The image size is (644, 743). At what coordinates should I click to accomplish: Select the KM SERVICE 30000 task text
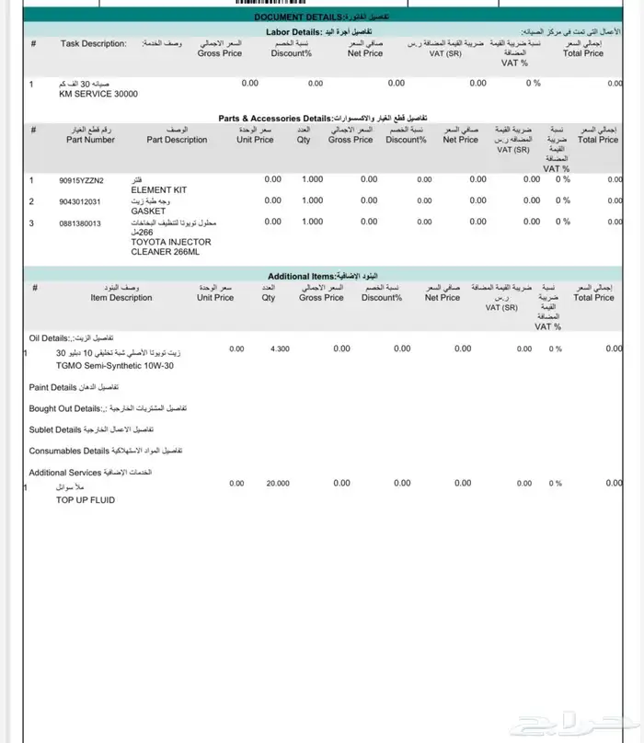98,94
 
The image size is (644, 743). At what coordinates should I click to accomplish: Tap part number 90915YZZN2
81,179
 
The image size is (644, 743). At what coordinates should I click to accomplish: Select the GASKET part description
147,211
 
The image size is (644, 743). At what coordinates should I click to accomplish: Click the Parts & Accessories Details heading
274,119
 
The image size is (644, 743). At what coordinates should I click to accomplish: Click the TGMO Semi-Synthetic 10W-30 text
115,365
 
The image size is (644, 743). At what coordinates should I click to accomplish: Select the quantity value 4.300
280,349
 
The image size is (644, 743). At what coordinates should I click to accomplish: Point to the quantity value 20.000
277,483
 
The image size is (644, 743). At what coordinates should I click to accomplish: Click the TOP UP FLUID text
86,500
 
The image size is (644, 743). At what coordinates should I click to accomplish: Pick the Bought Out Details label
64,408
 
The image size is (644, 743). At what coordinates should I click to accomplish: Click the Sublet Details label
55,429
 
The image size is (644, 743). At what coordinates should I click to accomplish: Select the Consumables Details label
69,452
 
